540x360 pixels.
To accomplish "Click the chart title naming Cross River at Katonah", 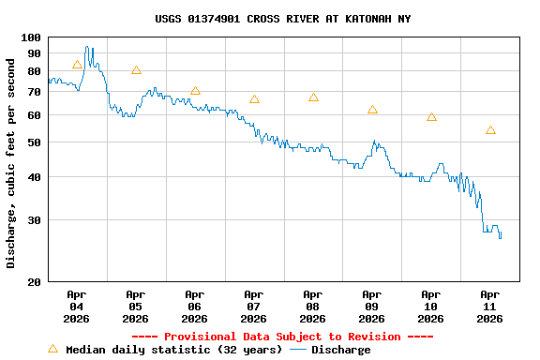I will pos(282,19).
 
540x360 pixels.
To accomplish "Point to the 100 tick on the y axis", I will pos(31,37).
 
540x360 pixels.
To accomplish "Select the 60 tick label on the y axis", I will pos(34,115).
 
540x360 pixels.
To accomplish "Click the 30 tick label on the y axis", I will pos(34,220).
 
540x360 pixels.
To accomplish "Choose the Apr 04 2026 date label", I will pos(77,306).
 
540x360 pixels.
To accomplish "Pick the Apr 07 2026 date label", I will pos(253,306).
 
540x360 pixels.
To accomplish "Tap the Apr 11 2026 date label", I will pos(489,306).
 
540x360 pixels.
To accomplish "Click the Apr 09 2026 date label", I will pos(371,306).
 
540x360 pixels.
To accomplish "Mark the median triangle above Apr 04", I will pos(77,65).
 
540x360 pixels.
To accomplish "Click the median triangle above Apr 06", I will pos(195,91).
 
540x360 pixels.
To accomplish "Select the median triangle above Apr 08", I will pos(313,97).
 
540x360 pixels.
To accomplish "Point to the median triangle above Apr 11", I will pos(490,130).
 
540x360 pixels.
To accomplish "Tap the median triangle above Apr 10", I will pos(431,117).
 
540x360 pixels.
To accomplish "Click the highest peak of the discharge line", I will pos(87,47).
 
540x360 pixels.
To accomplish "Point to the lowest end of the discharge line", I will pos(500,238).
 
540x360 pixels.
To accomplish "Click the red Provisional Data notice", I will pos(282,337).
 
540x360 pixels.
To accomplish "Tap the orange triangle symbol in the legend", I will pos(52,349).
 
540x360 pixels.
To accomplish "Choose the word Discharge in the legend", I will pos(340,350).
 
